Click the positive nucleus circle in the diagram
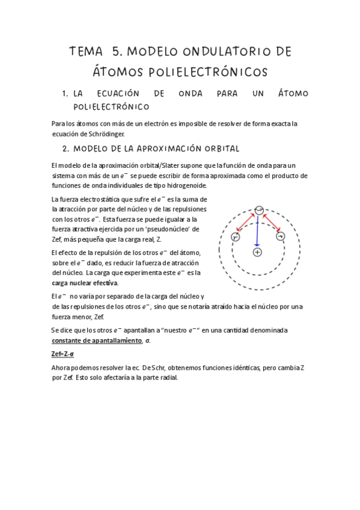(x=257, y=252)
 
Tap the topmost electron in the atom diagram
(x=258, y=210)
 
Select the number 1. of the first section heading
(x=65, y=94)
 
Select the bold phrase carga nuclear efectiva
(x=85, y=283)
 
